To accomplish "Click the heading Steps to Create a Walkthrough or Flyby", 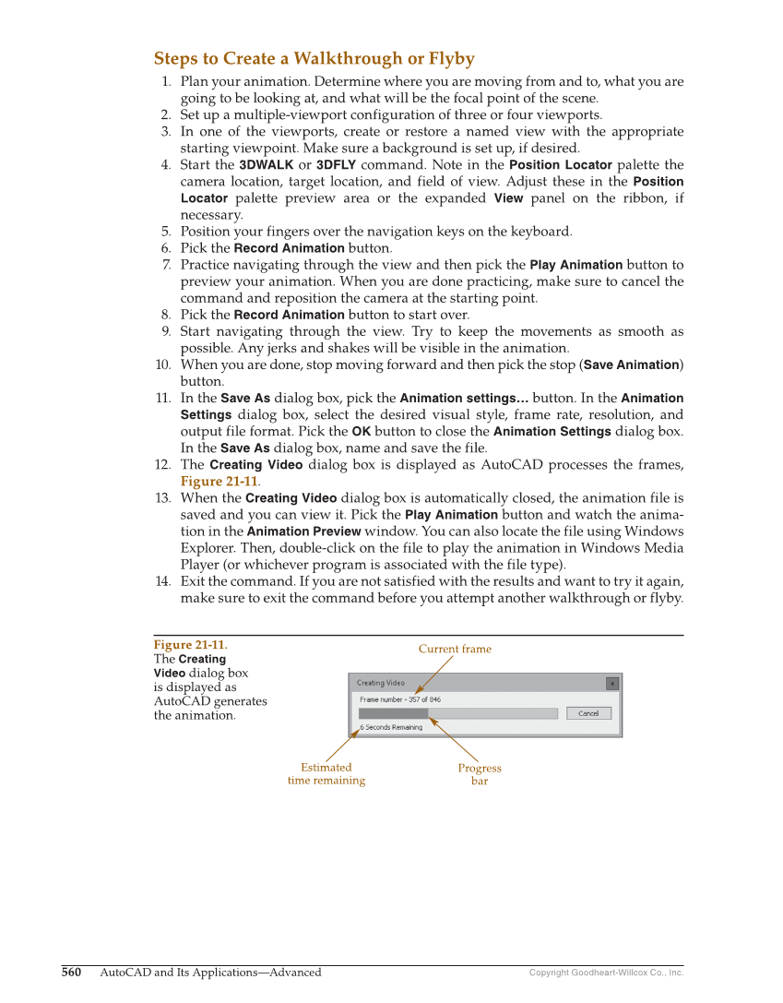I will coord(314,59).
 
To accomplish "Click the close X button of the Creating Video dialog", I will coord(611,683).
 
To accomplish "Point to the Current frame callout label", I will coord(455,649).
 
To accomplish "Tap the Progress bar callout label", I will coord(480,774).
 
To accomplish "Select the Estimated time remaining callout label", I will coord(326,773).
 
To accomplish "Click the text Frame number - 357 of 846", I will coord(400,699).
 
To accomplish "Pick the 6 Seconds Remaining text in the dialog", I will coord(391,727).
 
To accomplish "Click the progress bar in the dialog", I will coord(457,713).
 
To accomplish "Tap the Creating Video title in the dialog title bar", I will coord(381,683).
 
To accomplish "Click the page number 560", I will coord(71,972).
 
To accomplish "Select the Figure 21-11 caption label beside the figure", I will coord(189,645).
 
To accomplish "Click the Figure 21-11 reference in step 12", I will coord(219,482).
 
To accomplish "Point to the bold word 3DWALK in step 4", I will coord(266,165).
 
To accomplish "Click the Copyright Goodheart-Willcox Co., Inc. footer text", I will coord(606,973).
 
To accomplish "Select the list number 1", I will coord(166,81).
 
